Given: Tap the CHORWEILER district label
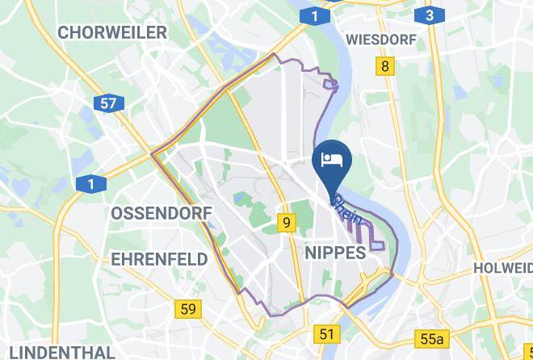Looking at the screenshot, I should [112, 32].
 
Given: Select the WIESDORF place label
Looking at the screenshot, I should [380, 40].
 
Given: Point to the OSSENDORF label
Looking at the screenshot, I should [161, 213].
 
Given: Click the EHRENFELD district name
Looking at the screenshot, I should [159, 259].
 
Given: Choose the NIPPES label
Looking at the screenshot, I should [336, 253].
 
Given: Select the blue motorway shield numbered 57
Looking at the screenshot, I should [108, 103].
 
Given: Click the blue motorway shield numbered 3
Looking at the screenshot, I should [429, 15].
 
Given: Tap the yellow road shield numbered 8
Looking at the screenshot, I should [385, 66].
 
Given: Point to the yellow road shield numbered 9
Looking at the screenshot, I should [287, 222].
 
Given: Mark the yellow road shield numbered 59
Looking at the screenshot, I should [188, 308].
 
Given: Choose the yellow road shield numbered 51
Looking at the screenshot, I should [326, 334].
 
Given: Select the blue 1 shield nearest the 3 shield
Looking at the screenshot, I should [314, 15].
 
